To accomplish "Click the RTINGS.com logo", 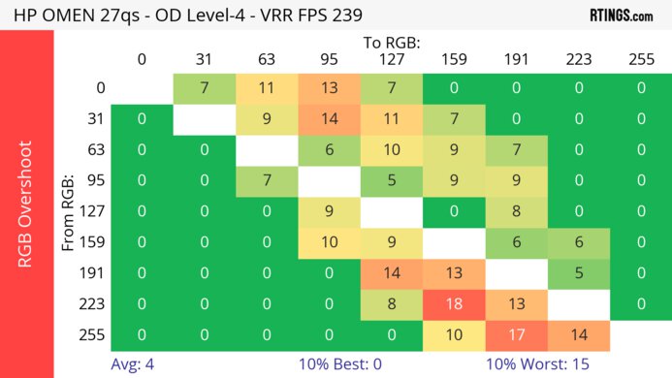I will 621,16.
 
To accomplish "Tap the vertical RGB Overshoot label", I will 26,204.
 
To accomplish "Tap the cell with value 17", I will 515,334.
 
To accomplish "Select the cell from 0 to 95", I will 329,88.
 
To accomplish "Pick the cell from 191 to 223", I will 577,272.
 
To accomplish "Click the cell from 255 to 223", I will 577,334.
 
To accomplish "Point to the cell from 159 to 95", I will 329,241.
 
